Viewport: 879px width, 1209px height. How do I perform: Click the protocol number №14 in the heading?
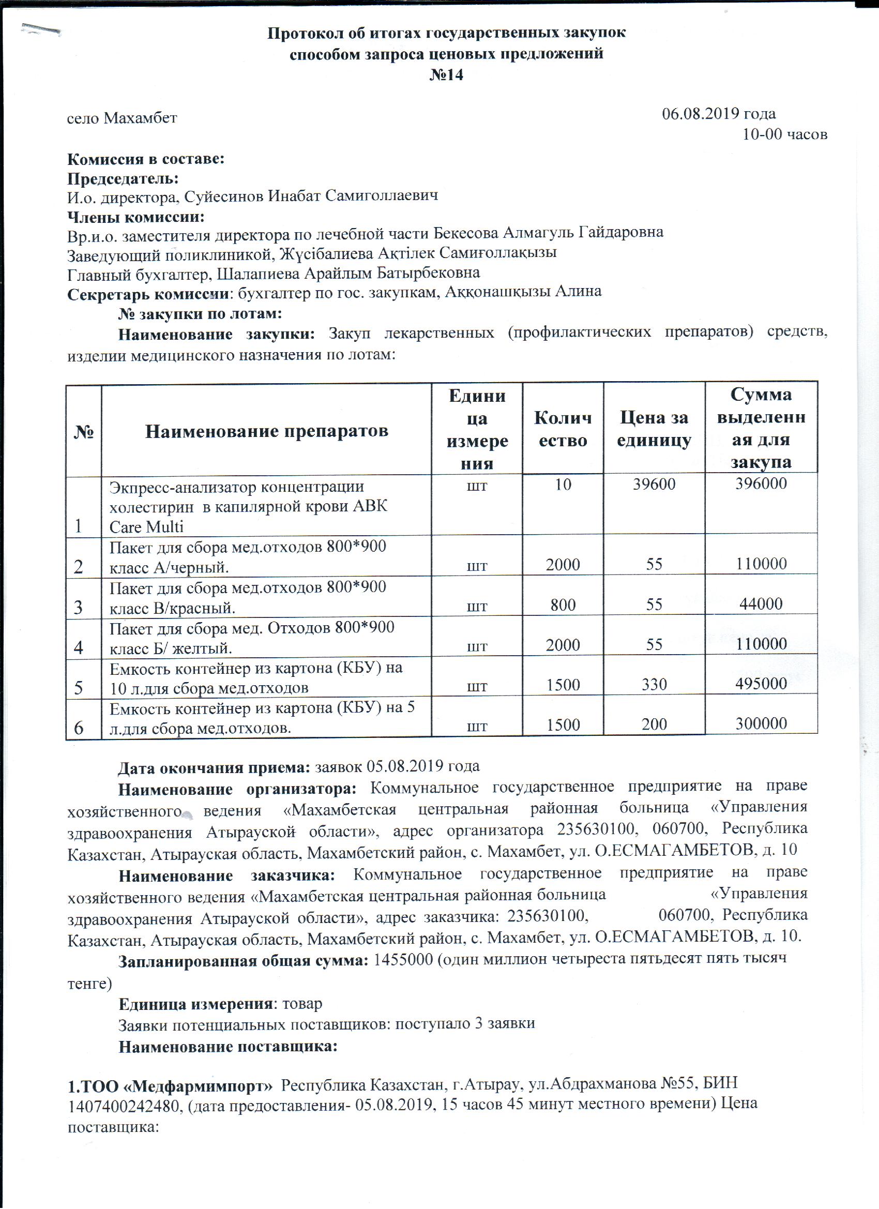point(446,75)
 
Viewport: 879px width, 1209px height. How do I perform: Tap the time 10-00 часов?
point(785,134)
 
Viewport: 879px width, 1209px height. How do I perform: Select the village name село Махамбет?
point(122,118)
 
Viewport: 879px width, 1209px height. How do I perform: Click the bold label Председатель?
point(123,178)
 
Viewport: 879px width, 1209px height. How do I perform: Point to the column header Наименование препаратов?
point(266,431)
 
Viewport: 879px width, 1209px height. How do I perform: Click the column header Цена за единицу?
point(654,429)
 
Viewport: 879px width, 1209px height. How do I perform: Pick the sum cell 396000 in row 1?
point(761,483)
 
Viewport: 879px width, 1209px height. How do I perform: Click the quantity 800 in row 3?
point(563,604)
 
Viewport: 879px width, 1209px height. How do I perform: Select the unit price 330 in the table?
point(654,685)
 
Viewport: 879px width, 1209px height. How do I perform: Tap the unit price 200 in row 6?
point(654,724)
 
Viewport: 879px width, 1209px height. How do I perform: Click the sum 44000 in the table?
point(761,604)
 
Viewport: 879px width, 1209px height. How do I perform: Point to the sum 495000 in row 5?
point(761,684)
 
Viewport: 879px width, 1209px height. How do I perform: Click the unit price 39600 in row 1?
point(654,484)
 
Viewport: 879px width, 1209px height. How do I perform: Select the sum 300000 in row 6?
point(761,723)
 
